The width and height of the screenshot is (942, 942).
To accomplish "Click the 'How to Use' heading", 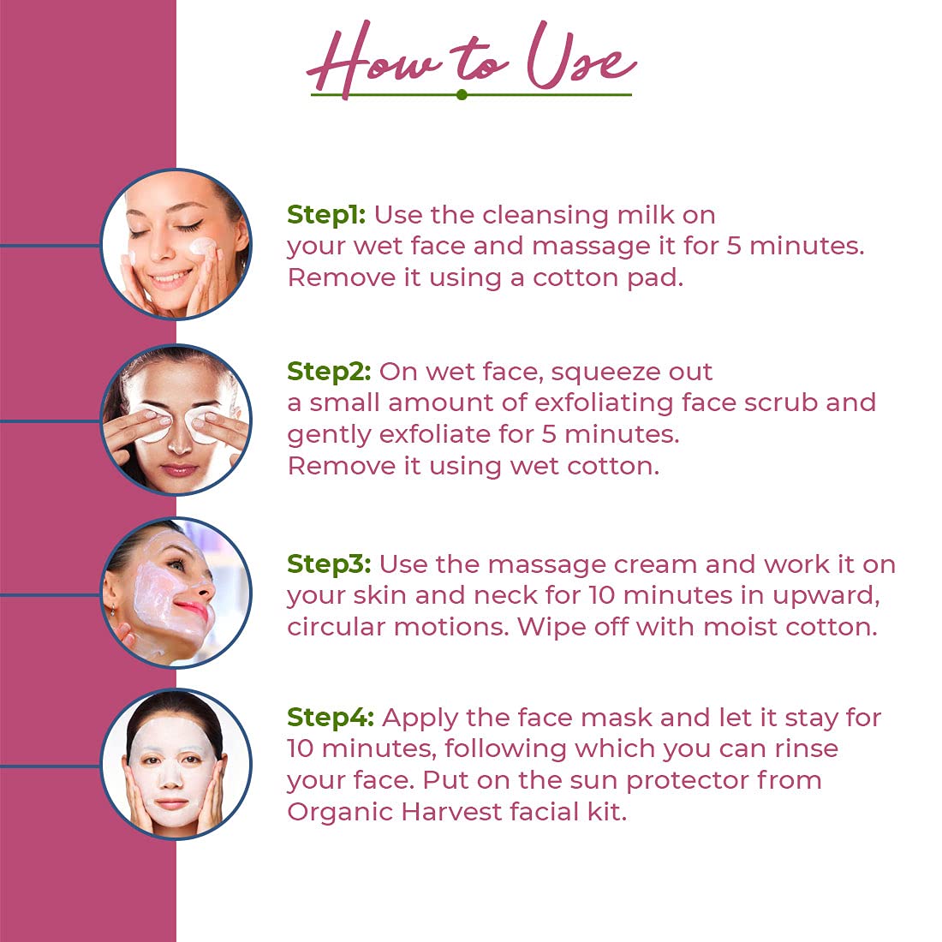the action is pyautogui.click(x=471, y=59).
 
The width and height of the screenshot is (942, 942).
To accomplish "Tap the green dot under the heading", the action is pyautogui.click(x=462, y=94).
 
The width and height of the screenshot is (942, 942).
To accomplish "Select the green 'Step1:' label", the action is pyautogui.click(x=326, y=215).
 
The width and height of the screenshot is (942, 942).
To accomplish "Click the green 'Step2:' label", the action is pyautogui.click(x=329, y=372).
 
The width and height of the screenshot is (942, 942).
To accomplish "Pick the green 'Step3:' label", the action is pyautogui.click(x=329, y=564).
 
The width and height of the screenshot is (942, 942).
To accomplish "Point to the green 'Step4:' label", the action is pyautogui.click(x=331, y=718).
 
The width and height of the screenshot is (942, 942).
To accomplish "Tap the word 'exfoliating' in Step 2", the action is pyautogui.click(x=604, y=403).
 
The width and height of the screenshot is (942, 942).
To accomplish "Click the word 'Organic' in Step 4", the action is pyautogui.click(x=339, y=813).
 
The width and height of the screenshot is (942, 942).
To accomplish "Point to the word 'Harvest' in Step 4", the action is pyautogui.click(x=452, y=812).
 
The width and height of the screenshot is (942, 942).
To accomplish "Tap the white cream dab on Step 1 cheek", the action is pyautogui.click(x=201, y=245).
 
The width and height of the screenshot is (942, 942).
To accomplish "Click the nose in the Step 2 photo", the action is pyautogui.click(x=179, y=442).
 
